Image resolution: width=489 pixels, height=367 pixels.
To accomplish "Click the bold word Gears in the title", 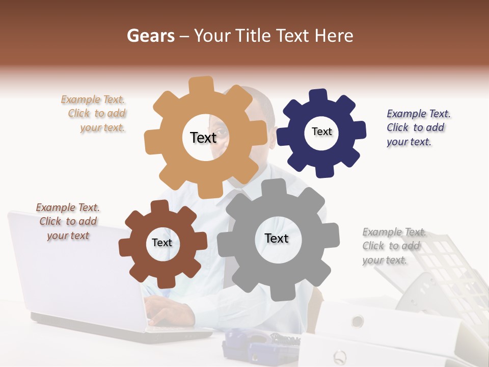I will (x=150, y=36).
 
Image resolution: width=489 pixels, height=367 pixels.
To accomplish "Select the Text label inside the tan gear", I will (x=203, y=137).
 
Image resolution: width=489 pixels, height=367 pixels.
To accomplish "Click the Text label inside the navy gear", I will (x=321, y=132).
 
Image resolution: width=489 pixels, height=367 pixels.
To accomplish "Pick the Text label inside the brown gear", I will (x=162, y=243).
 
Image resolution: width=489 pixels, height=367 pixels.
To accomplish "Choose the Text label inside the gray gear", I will (x=277, y=238).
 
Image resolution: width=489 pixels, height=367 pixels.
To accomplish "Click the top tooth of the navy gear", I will (x=318, y=96).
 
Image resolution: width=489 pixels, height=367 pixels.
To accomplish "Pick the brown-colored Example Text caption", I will (x=68, y=221).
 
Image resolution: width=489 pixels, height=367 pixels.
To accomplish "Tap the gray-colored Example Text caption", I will (x=392, y=246).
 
